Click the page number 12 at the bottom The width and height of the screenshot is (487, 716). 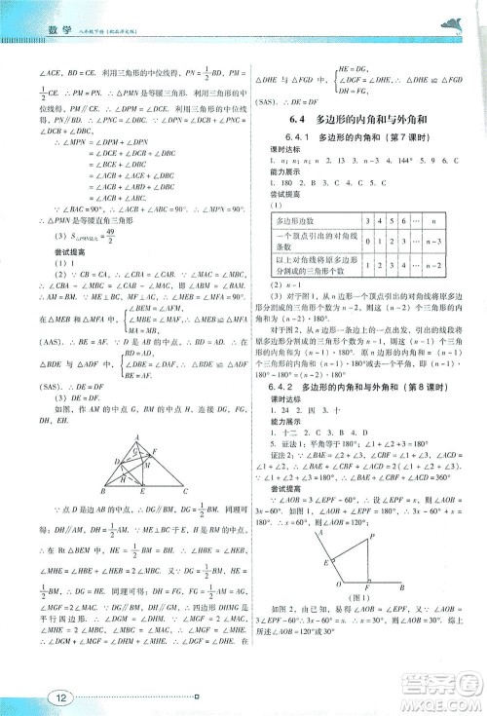30,696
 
